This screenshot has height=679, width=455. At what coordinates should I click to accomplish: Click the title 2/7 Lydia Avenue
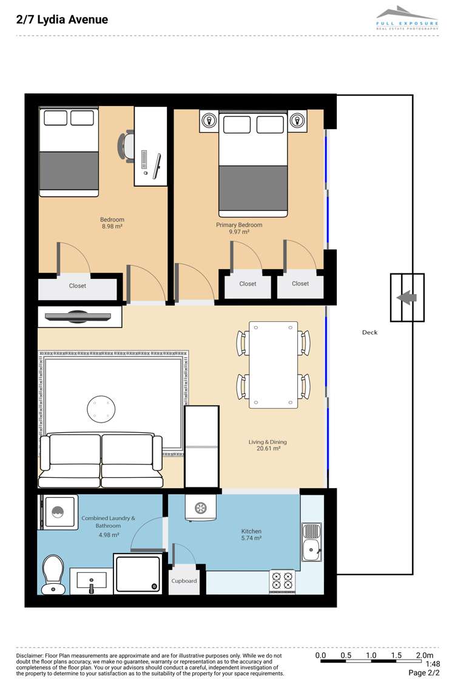(62, 19)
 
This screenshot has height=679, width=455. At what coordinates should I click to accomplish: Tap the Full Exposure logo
(407, 18)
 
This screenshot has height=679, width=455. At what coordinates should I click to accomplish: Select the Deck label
(369, 333)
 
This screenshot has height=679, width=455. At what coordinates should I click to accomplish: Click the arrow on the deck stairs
(406, 298)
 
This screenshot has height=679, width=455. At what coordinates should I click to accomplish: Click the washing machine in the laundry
(58, 512)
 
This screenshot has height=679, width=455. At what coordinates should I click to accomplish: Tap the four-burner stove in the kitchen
(282, 581)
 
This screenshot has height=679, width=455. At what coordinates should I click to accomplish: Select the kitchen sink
(312, 542)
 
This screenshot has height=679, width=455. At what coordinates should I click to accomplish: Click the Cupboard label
(184, 581)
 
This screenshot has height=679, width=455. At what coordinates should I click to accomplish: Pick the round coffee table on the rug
(101, 409)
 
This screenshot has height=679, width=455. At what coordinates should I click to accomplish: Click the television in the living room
(78, 316)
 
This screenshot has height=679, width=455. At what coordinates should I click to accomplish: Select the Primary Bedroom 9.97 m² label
(239, 228)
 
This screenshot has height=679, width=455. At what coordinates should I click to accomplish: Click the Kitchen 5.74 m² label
(251, 534)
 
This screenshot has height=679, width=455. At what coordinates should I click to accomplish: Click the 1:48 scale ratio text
(433, 664)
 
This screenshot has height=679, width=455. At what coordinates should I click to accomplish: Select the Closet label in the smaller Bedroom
(78, 286)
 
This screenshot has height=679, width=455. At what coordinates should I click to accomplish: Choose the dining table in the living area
(274, 364)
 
